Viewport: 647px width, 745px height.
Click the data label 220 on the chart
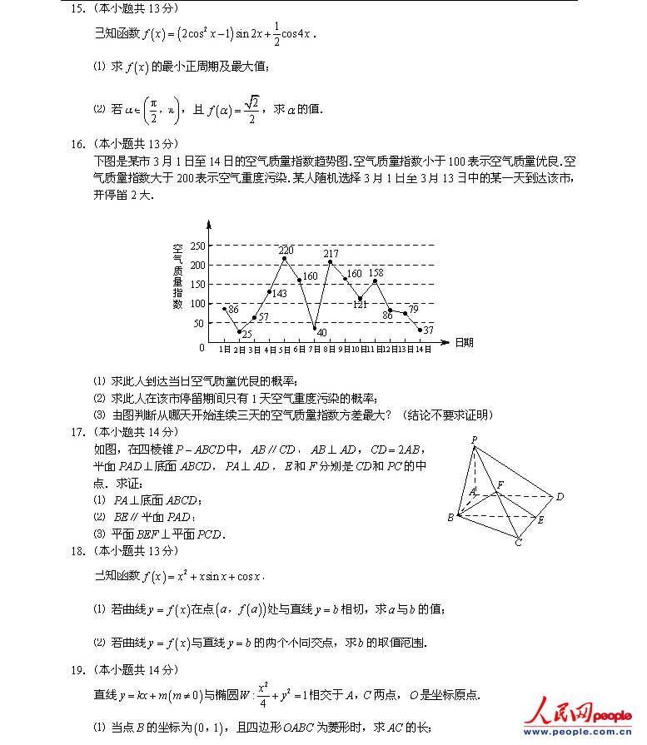pyautogui.click(x=286, y=251)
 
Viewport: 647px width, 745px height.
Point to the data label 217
pyautogui.click(x=331, y=254)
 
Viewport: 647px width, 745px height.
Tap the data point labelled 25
pyautogui.click(x=240, y=331)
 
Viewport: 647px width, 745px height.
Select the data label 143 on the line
pyautogui.click(x=279, y=293)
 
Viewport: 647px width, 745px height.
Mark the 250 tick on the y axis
pyautogui.click(x=197, y=246)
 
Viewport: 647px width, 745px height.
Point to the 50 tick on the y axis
pyautogui.click(x=200, y=322)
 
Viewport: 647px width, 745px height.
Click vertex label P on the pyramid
pyautogui.click(x=474, y=440)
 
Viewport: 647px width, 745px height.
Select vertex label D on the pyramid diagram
pyautogui.click(x=560, y=497)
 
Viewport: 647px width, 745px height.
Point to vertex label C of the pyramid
pyautogui.click(x=518, y=543)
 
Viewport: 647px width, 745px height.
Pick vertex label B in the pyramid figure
pyautogui.click(x=450, y=517)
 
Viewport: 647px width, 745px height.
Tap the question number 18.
pyautogui.click(x=78, y=551)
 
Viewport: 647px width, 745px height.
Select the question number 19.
pyautogui.click(x=78, y=669)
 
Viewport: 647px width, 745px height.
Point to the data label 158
pyautogui.click(x=376, y=272)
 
